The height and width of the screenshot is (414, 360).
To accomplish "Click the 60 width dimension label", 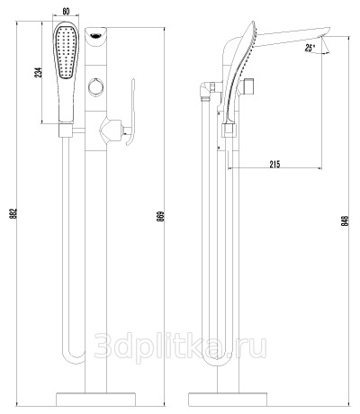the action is [x=66, y=12].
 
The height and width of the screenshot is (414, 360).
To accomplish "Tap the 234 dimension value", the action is [x=39, y=73].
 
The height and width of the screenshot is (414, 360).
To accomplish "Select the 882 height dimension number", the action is [x=13, y=213].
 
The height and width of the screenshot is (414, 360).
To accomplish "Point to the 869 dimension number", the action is [x=160, y=216].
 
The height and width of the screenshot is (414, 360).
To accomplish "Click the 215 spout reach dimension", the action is [x=274, y=164].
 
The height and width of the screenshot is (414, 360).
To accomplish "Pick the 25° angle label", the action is [x=310, y=48].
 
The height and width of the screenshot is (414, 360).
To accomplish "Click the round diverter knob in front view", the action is [x=96, y=87].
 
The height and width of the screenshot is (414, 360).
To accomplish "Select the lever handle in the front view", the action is [x=131, y=112].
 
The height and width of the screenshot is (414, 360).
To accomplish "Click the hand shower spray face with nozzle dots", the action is [x=67, y=53].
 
